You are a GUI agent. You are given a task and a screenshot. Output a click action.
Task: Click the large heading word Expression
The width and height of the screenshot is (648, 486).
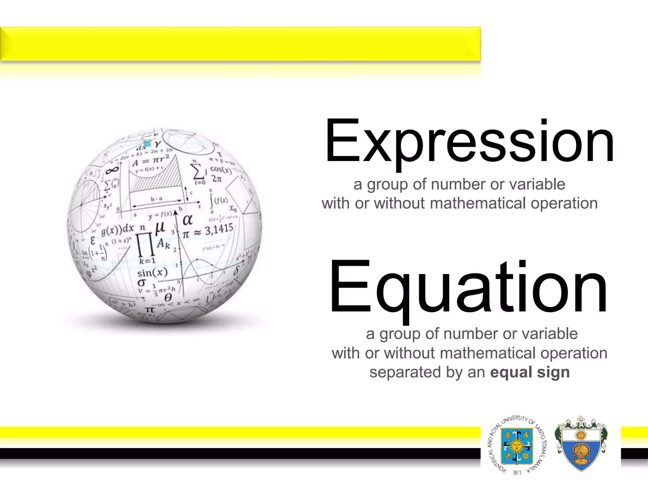click(470, 141)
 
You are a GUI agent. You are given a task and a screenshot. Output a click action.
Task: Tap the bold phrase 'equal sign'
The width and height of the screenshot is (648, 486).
click(530, 372)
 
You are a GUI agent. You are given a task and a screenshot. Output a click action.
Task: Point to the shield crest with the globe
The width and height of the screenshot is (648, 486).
click(580, 444)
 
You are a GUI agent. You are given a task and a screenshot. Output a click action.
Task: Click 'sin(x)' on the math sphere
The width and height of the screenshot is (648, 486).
click(152, 272)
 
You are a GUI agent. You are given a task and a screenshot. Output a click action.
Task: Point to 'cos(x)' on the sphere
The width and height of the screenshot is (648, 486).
click(221, 170)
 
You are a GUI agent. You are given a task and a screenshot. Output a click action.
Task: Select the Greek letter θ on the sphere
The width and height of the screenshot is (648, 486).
click(168, 297)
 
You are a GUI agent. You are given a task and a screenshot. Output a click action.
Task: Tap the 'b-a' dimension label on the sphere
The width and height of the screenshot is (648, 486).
click(157, 199)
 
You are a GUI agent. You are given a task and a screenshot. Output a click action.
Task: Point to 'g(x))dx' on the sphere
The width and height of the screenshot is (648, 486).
click(118, 230)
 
